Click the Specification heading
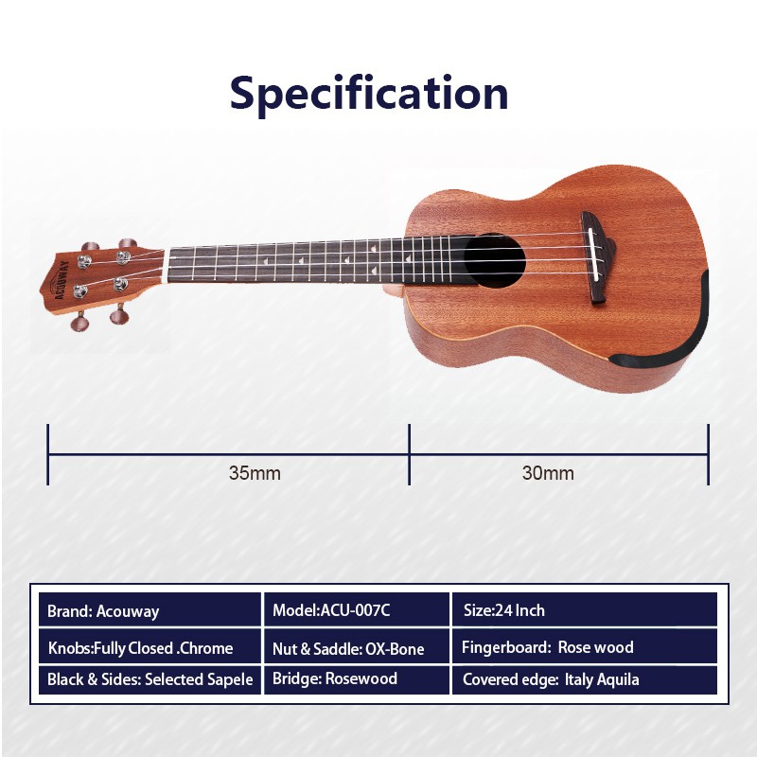369,94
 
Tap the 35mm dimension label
255,473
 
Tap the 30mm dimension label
548,473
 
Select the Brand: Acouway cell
150,610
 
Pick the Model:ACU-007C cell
357,610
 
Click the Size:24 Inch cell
584,610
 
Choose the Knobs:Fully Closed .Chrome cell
150,646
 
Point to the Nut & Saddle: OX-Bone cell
357,646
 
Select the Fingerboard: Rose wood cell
584,646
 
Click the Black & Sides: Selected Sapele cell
150,679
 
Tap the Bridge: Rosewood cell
357,679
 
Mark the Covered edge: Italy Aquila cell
584,679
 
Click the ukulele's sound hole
494,261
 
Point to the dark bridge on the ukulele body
599,257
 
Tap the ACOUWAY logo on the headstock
62,280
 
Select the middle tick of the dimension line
410,454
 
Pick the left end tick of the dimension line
48,454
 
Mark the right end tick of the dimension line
708,454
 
